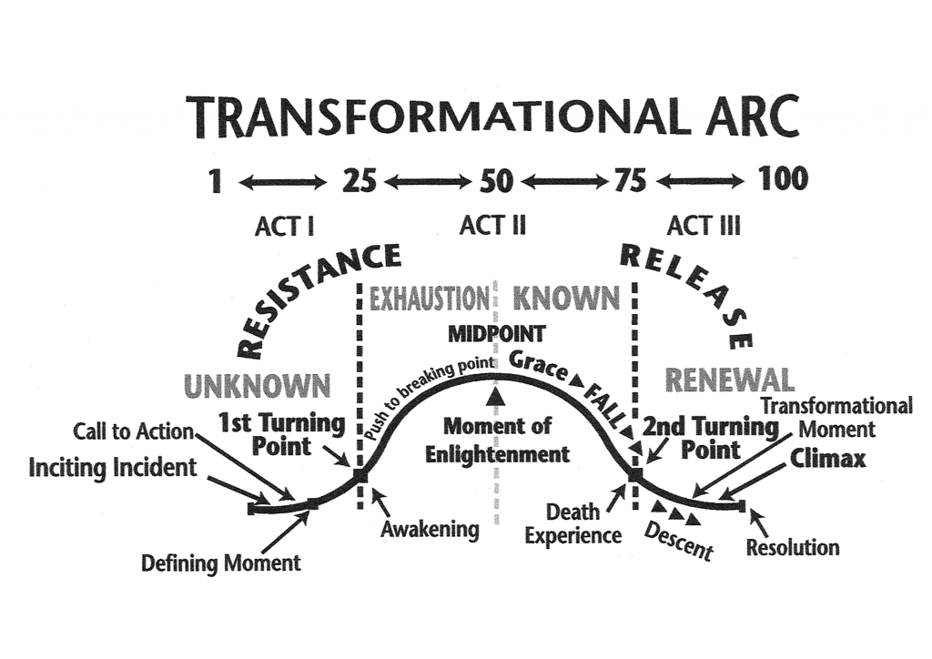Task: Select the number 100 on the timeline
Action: [x=783, y=179]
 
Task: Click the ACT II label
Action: [x=493, y=225]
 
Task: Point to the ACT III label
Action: [x=704, y=225]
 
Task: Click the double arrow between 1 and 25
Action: [x=281, y=182]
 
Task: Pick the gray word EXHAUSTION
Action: [x=429, y=298]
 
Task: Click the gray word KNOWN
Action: [x=566, y=298]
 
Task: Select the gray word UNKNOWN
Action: [x=258, y=385]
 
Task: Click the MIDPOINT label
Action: [x=495, y=334]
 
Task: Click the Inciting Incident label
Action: [x=113, y=468]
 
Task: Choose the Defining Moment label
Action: [x=220, y=563]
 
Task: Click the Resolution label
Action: [x=793, y=547]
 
